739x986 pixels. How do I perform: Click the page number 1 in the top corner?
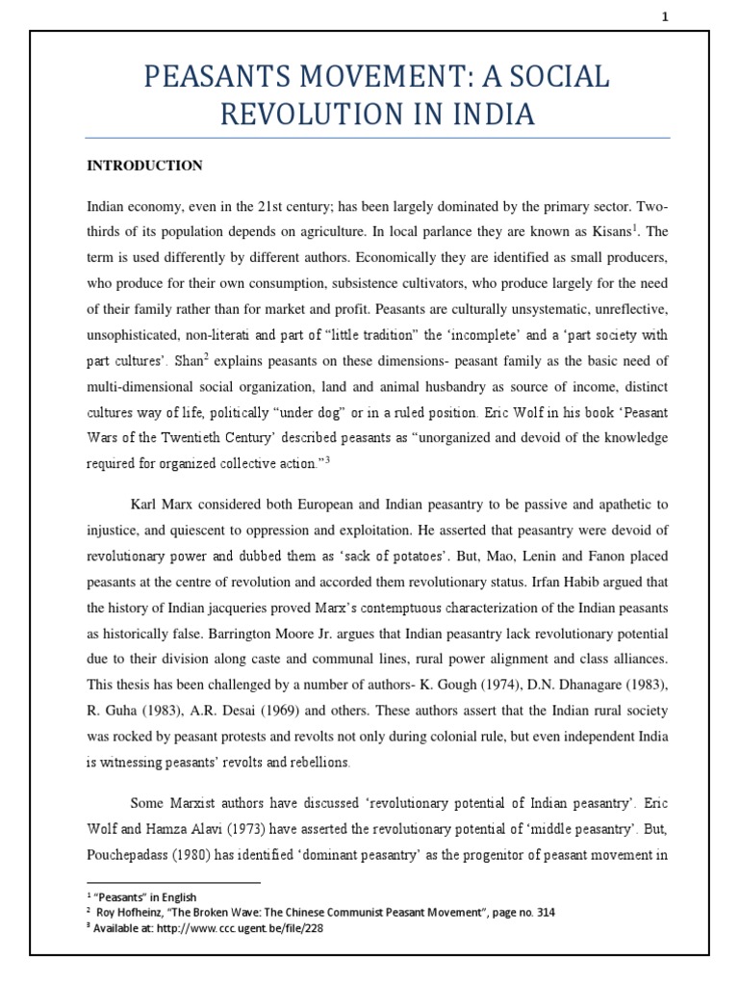663,15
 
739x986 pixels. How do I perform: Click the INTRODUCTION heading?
144,166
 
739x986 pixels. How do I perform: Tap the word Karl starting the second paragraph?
144,505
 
